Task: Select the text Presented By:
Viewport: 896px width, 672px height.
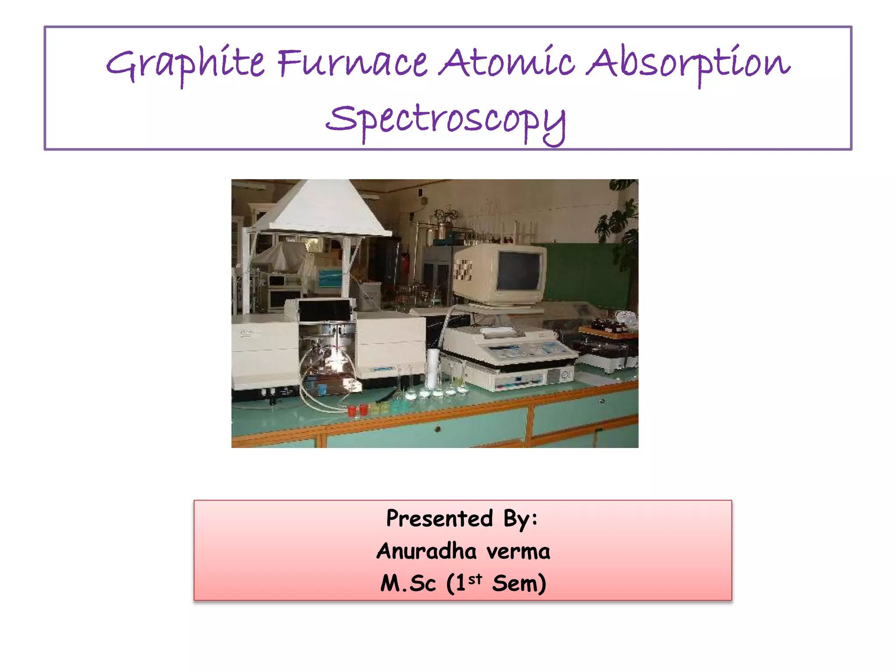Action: tap(462, 519)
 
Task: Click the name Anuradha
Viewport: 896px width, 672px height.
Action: tap(427, 551)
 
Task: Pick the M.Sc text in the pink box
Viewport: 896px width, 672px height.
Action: tap(408, 584)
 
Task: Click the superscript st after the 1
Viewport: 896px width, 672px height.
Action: tap(475, 579)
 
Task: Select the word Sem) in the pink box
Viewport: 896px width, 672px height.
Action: tap(519, 584)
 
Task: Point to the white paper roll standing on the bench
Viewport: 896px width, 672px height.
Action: tap(432, 368)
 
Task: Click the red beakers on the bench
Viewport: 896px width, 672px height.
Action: tap(358, 410)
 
